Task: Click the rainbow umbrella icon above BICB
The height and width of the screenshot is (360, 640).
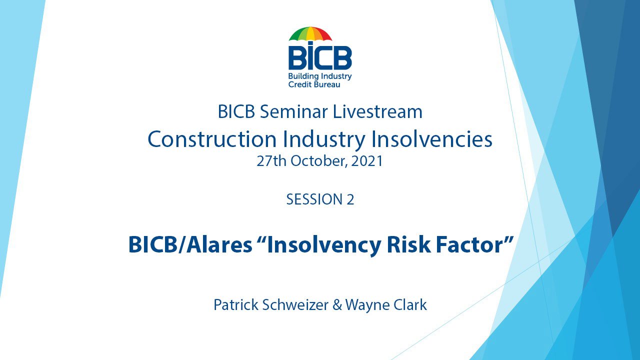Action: (310, 34)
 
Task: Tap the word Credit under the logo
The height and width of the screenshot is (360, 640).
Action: (299, 85)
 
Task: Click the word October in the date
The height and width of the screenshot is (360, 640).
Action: (319, 161)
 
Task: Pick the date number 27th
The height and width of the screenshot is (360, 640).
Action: (270, 161)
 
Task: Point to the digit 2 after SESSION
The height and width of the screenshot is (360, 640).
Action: (350, 199)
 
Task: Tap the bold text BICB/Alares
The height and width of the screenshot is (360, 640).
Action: (190, 245)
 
